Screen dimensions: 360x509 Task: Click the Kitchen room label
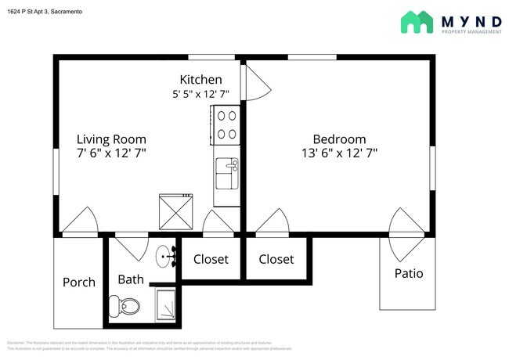pos(200,80)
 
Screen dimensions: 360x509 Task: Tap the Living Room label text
pos(111,139)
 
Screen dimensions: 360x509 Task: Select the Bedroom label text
pos(339,139)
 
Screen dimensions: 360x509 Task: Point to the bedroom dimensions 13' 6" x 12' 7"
pos(339,153)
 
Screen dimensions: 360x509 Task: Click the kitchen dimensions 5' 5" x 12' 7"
pos(200,95)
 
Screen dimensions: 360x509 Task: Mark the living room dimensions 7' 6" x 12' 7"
pos(111,153)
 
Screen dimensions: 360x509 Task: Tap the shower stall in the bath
pos(167,304)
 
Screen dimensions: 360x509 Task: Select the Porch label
pos(79,282)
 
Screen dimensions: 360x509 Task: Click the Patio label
pos(408,273)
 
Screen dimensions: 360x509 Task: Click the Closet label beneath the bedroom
pos(276,259)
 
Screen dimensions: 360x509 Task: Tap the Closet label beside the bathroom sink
pos(211,259)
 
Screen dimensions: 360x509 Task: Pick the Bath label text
pos(131,279)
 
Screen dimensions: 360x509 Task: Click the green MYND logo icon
pos(417,22)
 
